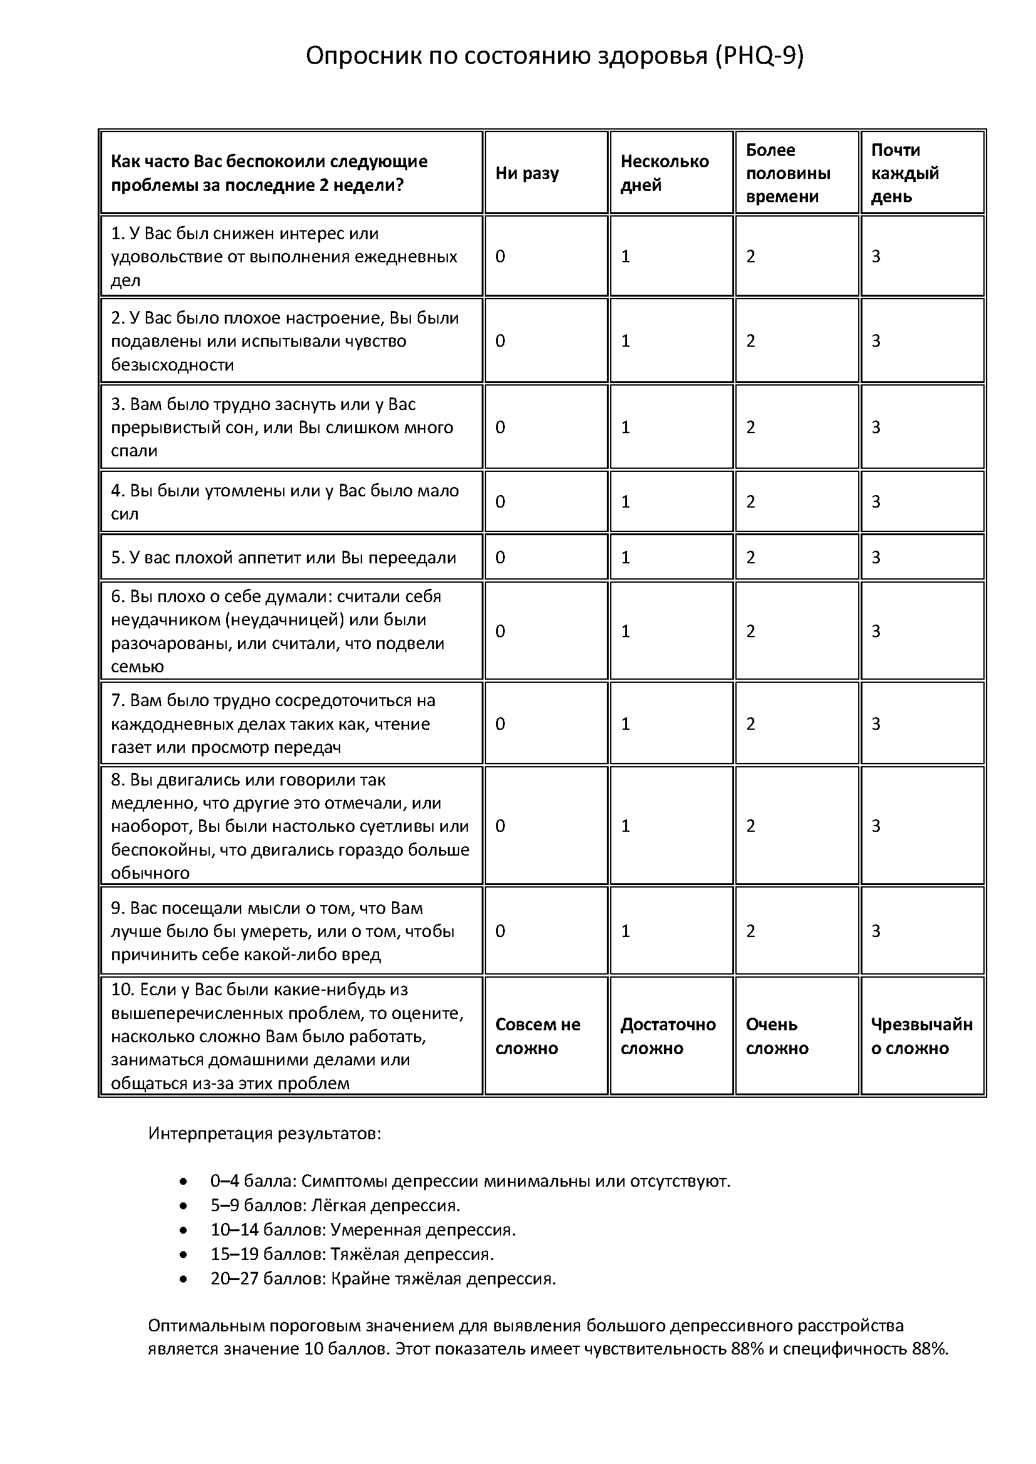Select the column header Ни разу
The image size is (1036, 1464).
pos(527,173)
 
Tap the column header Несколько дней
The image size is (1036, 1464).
pos(664,173)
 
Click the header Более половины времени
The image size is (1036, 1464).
pos(788,173)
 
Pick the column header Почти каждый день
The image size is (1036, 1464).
pos(904,173)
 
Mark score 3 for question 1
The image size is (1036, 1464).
pos(876,257)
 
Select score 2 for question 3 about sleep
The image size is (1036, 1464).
pos(751,427)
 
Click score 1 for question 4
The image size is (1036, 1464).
pos(626,502)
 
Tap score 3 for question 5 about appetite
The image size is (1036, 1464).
pos(876,558)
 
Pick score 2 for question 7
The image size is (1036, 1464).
pos(751,724)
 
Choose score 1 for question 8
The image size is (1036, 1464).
pos(626,826)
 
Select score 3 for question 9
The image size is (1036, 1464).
pos(876,931)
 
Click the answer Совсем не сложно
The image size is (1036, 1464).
pos(537,1036)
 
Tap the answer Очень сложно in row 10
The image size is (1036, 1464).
pos(777,1036)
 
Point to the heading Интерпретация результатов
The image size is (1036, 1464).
pos(265,1134)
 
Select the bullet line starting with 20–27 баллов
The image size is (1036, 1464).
pos(383,1279)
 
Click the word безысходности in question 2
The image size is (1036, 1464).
pos(172,365)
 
